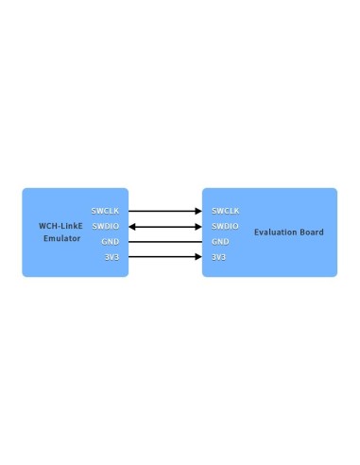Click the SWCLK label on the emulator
(105, 211)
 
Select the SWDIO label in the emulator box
(105, 227)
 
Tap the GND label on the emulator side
(111, 242)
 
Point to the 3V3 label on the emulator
(111, 257)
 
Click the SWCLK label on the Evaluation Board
(225, 211)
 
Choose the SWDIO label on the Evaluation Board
(225, 227)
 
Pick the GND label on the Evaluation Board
(220, 242)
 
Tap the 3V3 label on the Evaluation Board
(218, 257)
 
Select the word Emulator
(62, 239)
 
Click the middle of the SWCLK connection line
(165, 211)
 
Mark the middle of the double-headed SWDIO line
(165, 227)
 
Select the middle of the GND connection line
(165, 242)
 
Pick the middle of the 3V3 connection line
(165, 257)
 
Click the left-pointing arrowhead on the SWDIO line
(132, 227)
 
